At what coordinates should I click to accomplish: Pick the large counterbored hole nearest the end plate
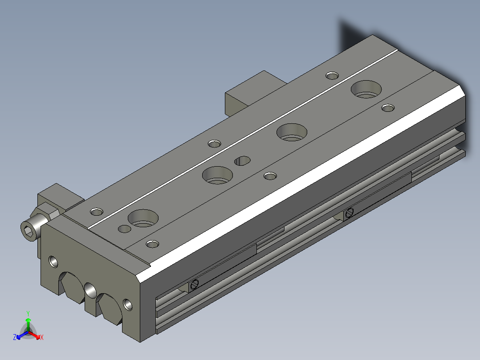143,218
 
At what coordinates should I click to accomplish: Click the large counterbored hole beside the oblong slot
217,175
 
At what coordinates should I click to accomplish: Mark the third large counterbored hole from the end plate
292,132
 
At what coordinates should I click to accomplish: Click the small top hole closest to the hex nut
96,211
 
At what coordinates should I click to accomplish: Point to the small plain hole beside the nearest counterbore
124,229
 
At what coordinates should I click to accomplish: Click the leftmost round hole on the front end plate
53,261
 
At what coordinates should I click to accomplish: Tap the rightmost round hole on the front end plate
128,304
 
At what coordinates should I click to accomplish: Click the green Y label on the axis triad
28,313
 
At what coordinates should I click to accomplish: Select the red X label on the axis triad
42,338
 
